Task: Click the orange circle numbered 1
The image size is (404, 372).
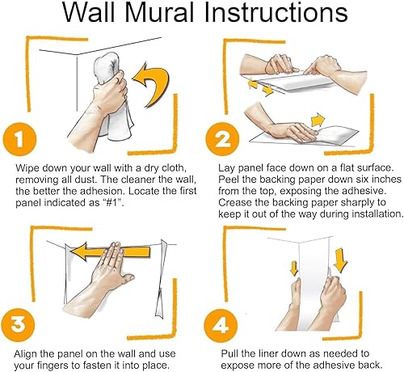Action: point(19,140)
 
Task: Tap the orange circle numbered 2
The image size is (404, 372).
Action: point(222,139)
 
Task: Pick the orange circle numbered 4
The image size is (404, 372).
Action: point(221,325)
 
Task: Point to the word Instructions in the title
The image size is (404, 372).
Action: point(276,13)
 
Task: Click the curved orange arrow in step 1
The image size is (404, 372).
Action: point(151,84)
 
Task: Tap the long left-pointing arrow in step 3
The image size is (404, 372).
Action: point(110,252)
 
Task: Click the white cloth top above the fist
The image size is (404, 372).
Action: point(107,66)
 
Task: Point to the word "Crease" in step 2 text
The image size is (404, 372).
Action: point(232,203)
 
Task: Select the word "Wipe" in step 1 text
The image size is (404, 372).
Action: point(27,168)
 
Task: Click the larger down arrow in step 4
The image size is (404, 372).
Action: point(340,260)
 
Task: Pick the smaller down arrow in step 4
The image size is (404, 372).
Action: point(294,268)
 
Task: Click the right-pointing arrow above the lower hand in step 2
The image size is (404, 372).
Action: point(318,120)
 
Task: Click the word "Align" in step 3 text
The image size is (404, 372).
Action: point(25,354)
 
